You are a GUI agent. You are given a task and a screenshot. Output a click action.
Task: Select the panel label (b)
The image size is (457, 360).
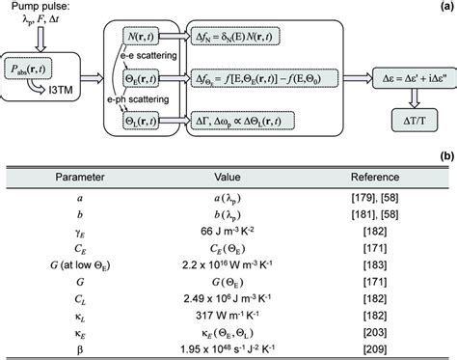tap(444, 153)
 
